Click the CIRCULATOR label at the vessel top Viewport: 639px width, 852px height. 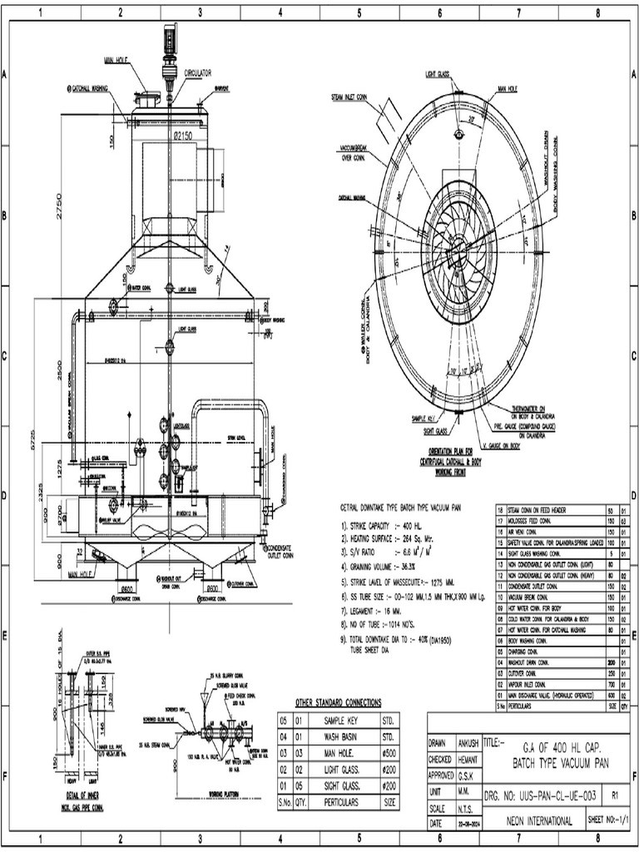[x=198, y=73]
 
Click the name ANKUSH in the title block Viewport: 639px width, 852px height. [x=471, y=743]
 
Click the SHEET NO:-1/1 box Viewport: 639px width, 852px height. [x=607, y=821]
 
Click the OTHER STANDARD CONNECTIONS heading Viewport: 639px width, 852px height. [x=338, y=702]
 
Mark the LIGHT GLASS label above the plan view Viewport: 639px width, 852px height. [x=437, y=74]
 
